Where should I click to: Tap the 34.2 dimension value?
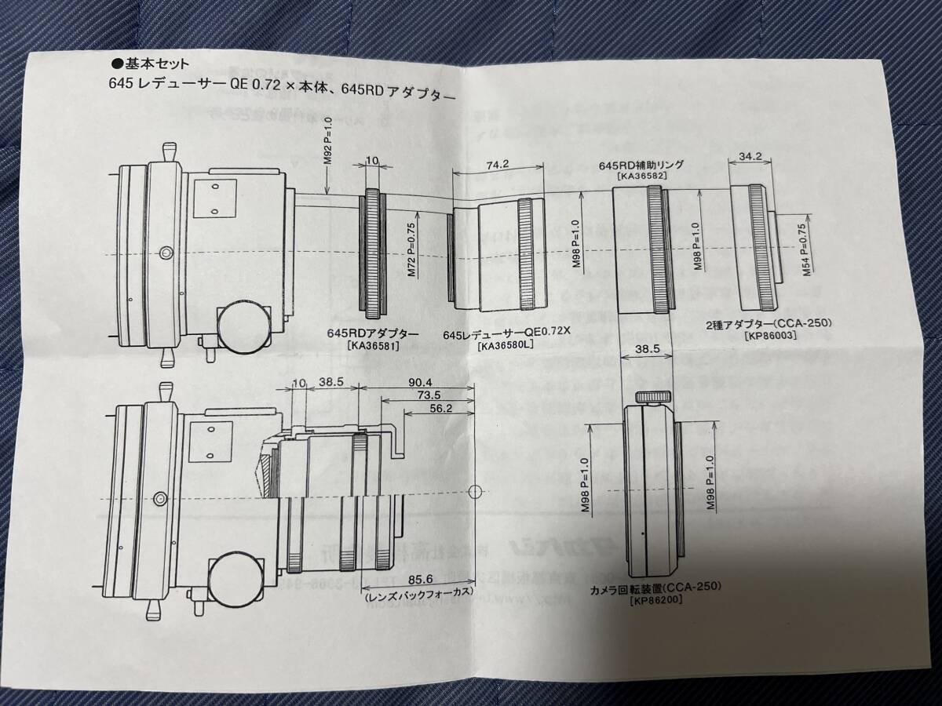(x=751, y=155)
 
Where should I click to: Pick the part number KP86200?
(x=655, y=600)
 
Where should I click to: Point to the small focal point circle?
(x=473, y=492)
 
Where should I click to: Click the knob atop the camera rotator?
(x=653, y=398)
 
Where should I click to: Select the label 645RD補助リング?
(x=641, y=166)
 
